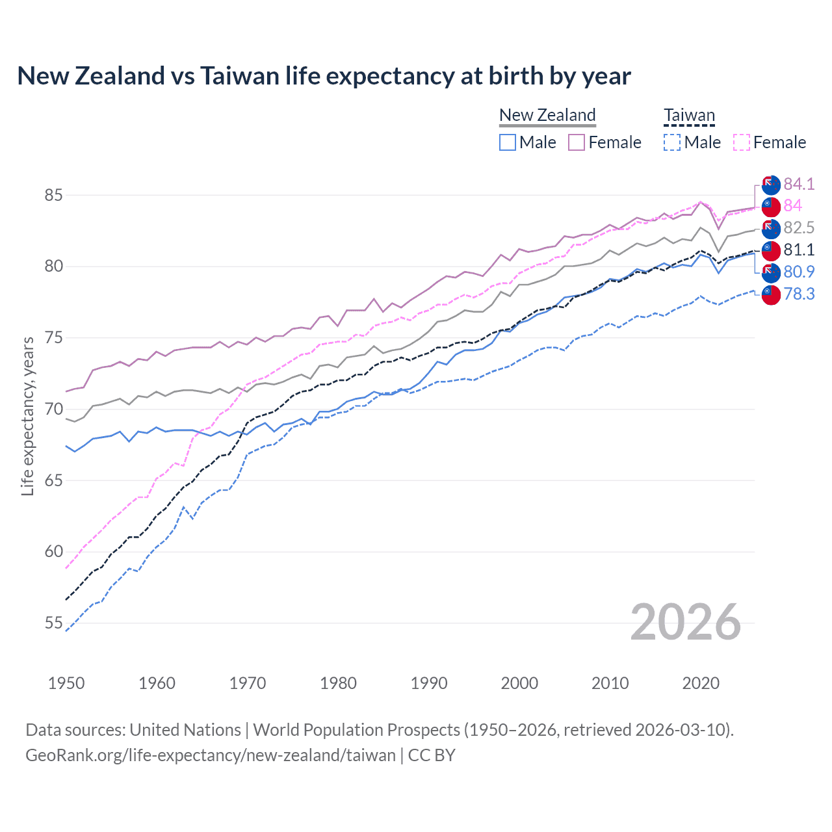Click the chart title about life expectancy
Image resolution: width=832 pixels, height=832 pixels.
click(x=324, y=76)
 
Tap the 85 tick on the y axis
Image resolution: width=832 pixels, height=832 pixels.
click(x=53, y=195)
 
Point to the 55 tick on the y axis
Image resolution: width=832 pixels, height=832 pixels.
click(x=53, y=623)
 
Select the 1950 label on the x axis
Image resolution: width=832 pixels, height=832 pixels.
click(x=66, y=683)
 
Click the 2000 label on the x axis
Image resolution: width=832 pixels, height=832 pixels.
click(x=519, y=683)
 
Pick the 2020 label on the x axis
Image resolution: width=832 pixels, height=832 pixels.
click(x=701, y=683)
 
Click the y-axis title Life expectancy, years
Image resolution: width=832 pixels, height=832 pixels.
click(x=28, y=416)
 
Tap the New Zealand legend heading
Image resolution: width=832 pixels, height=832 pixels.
click(x=547, y=115)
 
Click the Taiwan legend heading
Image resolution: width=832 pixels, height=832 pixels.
click(x=689, y=116)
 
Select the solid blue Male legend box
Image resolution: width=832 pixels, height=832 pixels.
click(x=508, y=142)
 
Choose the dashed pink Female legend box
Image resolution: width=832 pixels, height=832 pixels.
click(x=742, y=142)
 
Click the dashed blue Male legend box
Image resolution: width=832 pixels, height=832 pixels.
click(x=672, y=142)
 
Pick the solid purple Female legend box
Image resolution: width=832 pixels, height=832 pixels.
click(x=577, y=142)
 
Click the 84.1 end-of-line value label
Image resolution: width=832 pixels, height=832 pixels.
click(x=799, y=184)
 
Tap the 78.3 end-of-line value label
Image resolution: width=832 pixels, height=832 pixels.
click(x=799, y=294)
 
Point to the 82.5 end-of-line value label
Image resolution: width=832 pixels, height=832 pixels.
click(x=799, y=227)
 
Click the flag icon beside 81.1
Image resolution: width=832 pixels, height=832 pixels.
click(x=771, y=250)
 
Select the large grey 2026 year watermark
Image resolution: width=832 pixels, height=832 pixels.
click(x=685, y=622)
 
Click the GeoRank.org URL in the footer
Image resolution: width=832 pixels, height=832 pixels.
click(x=211, y=755)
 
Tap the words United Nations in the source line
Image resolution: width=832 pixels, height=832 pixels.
click(x=185, y=729)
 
